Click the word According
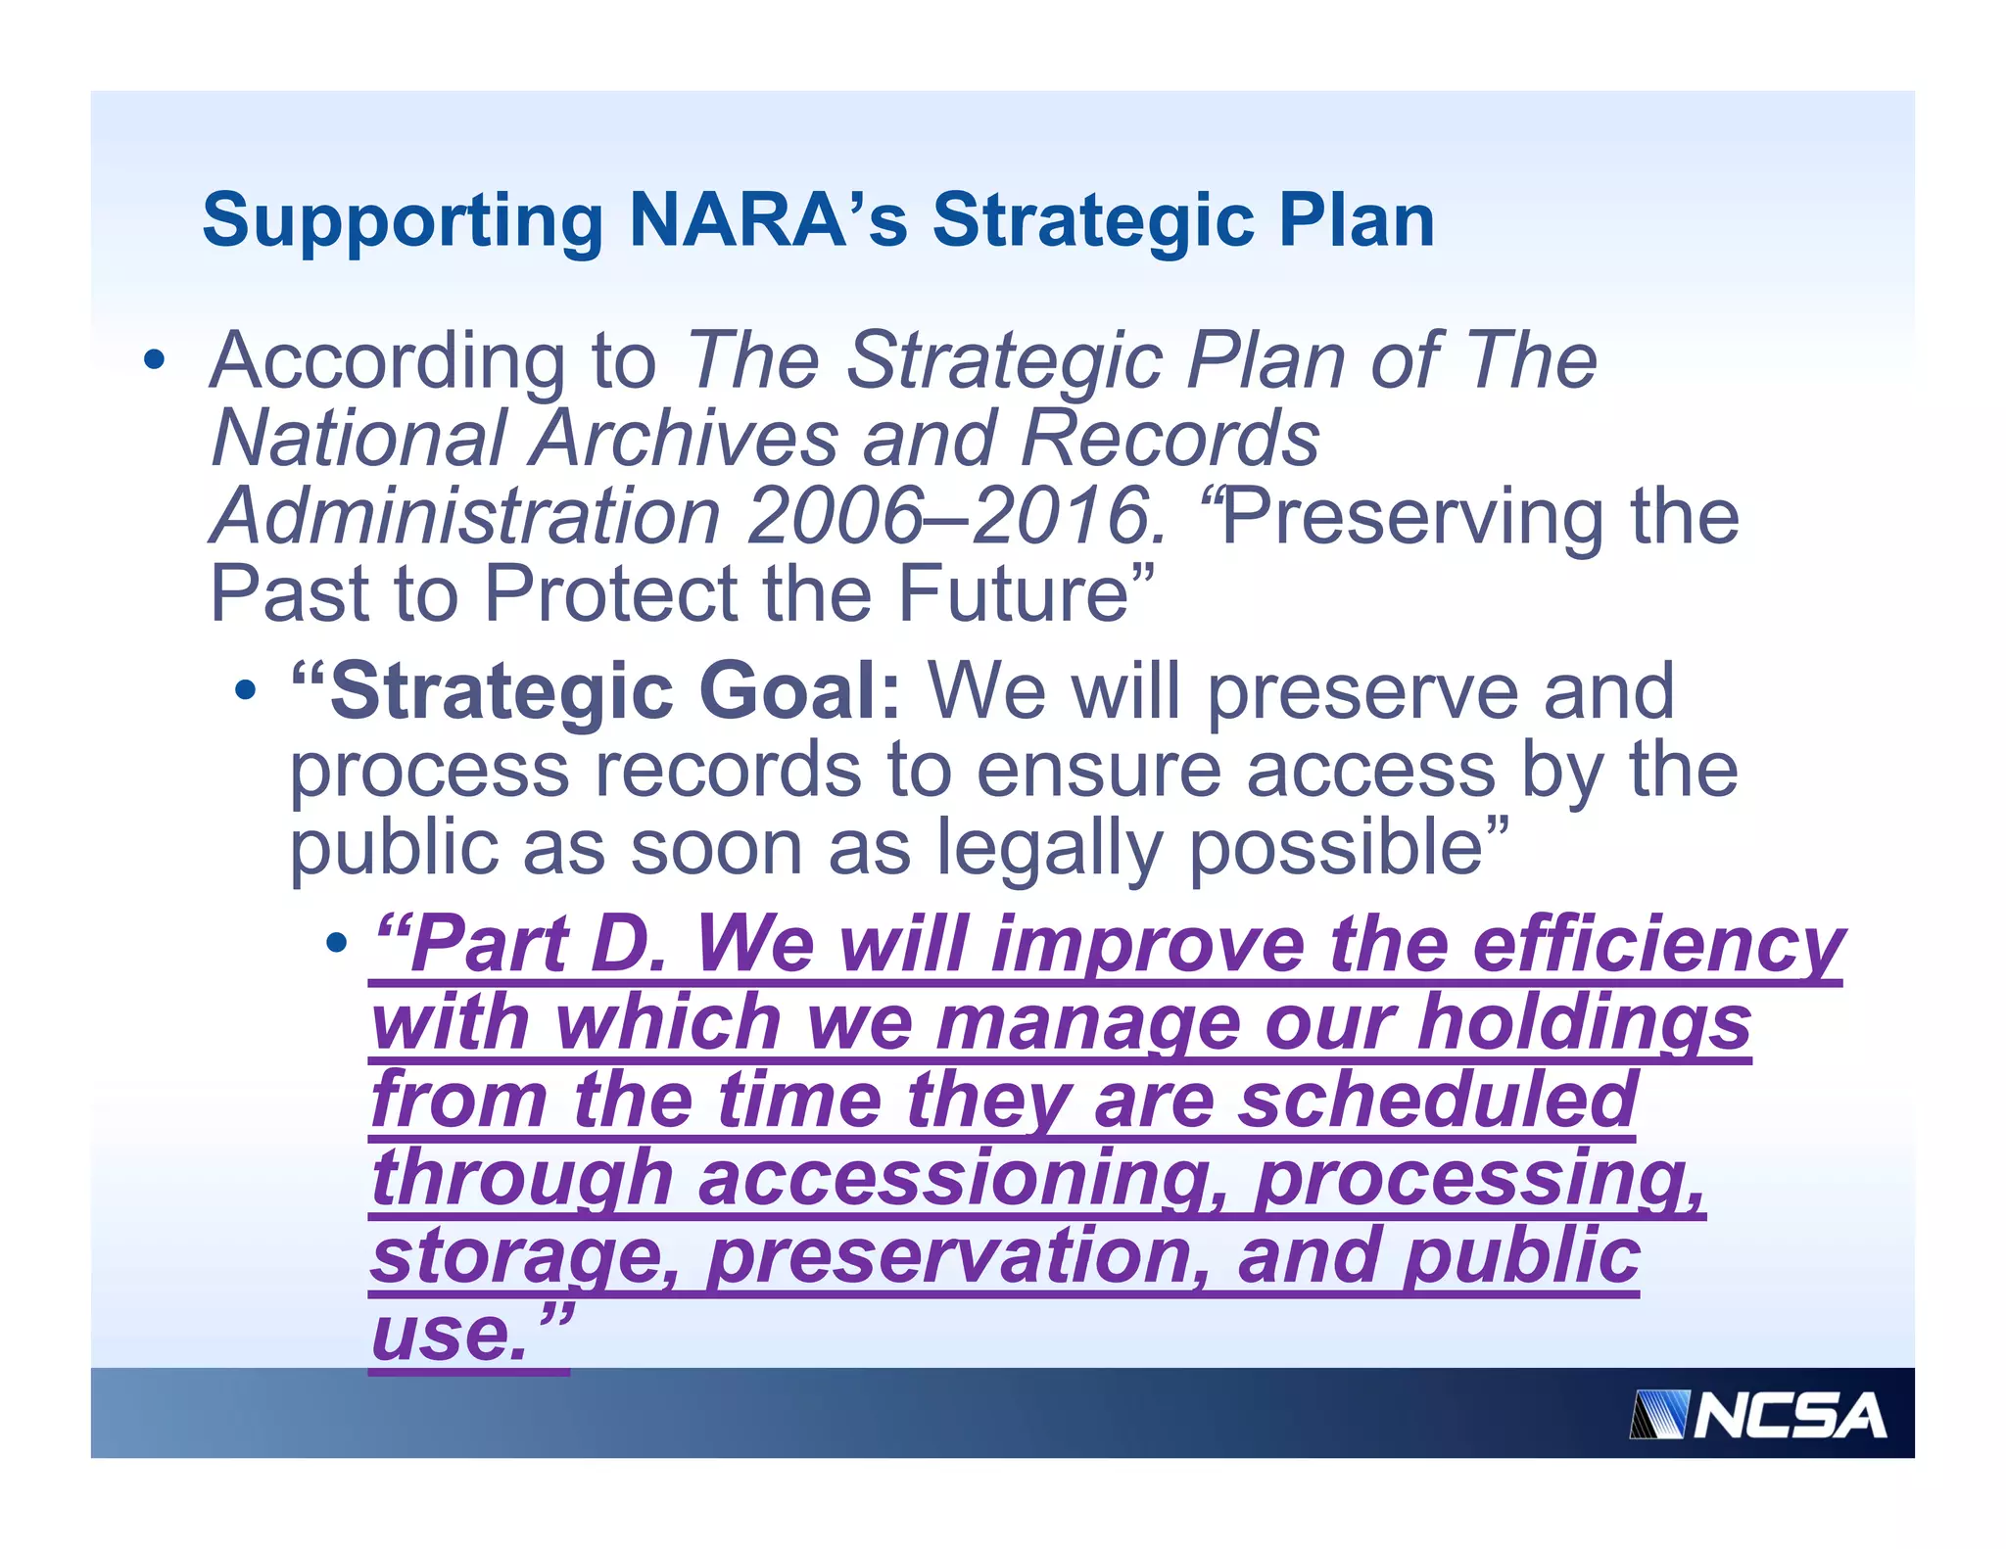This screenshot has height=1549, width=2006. pyautogui.click(x=388, y=360)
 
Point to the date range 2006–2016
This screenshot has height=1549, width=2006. pyautogui.click(x=950, y=516)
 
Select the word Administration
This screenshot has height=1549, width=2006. pyautogui.click(x=466, y=516)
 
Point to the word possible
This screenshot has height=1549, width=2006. pyautogui.click(x=1337, y=847)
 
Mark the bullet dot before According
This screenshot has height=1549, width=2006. pyautogui.click(x=154, y=359)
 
